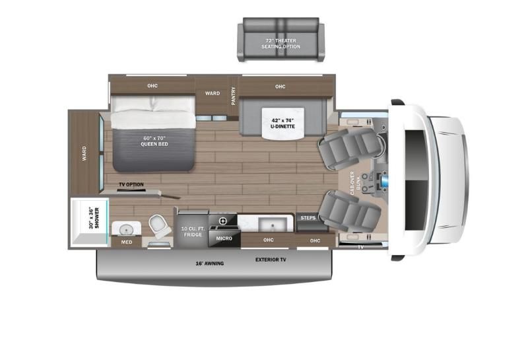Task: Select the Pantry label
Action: pyautogui.click(x=233, y=95)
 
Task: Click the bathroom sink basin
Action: pyautogui.click(x=123, y=229)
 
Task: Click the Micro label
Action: pyautogui.click(x=222, y=237)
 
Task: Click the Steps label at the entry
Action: pyautogui.click(x=308, y=217)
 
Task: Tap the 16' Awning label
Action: pyautogui.click(x=209, y=263)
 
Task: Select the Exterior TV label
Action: pyautogui.click(x=271, y=260)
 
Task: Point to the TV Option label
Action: pyautogui.click(x=131, y=184)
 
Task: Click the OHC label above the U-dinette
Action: pyautogui.click(x=280, y=87)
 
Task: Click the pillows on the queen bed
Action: pyautogui.click(x=153, y=104)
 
